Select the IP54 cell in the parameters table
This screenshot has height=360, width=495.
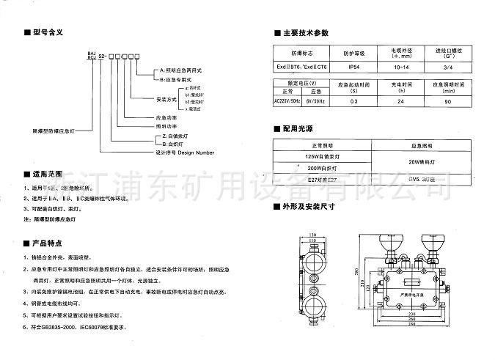353,67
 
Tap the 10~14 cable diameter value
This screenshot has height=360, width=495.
402,67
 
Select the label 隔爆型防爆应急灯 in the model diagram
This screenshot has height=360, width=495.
58,126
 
